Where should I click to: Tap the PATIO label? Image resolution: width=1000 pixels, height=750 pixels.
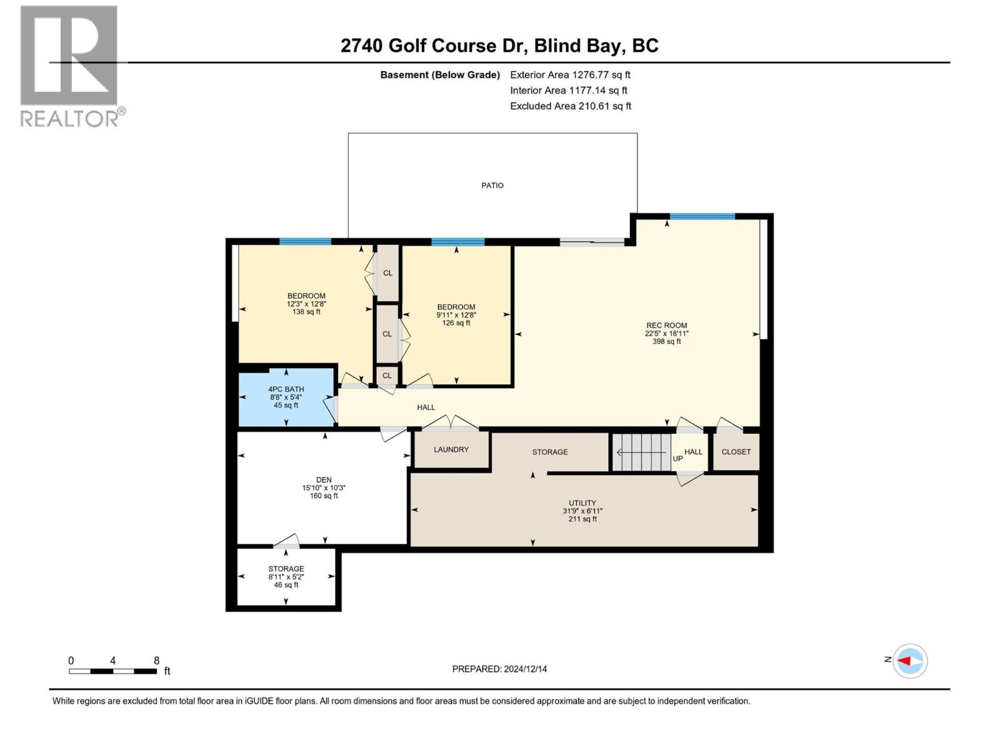[492, 186]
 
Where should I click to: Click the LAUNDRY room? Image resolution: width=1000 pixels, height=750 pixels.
[451, 449]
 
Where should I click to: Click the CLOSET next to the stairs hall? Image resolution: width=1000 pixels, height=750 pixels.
[736, 452]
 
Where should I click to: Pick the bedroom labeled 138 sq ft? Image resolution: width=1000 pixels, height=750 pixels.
[306, 303]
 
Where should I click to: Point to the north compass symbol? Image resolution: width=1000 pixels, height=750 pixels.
[909, 661]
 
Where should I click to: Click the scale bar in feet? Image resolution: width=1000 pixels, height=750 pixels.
[113, 671]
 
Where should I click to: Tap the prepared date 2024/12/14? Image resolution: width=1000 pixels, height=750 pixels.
[499, 669]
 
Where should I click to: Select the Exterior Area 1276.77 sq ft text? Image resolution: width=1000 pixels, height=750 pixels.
[570, 74]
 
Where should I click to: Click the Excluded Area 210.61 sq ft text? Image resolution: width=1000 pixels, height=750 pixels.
[570, 106]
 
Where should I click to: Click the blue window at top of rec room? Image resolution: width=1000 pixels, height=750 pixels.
[702, 217]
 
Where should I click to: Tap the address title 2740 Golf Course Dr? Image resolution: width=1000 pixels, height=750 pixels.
[499, 46]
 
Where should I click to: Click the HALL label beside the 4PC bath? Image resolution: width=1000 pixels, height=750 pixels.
[426, 407]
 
